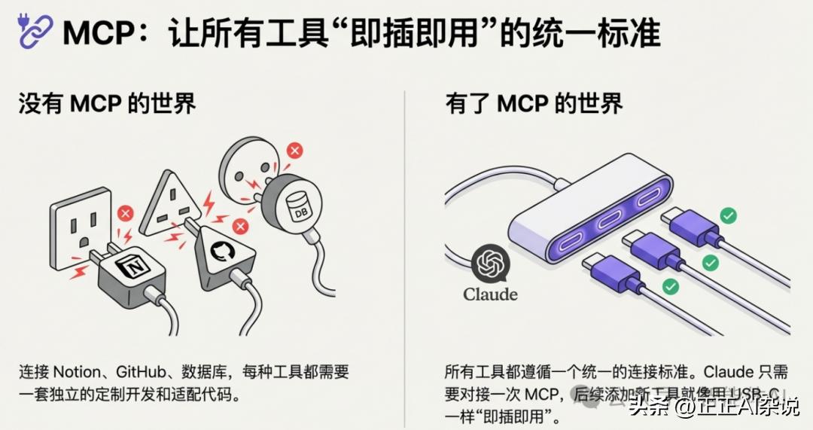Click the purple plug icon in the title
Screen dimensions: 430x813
(35, 32)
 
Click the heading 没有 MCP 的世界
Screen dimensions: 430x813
(107, 103)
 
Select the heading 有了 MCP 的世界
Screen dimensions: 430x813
(534, 103)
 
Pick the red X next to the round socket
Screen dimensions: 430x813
(295, 151)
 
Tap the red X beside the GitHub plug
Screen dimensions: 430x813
(240, 226)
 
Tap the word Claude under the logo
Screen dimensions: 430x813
(490, 294)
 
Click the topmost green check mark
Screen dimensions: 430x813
(728, 216)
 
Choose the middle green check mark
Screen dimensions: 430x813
(710, 262)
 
